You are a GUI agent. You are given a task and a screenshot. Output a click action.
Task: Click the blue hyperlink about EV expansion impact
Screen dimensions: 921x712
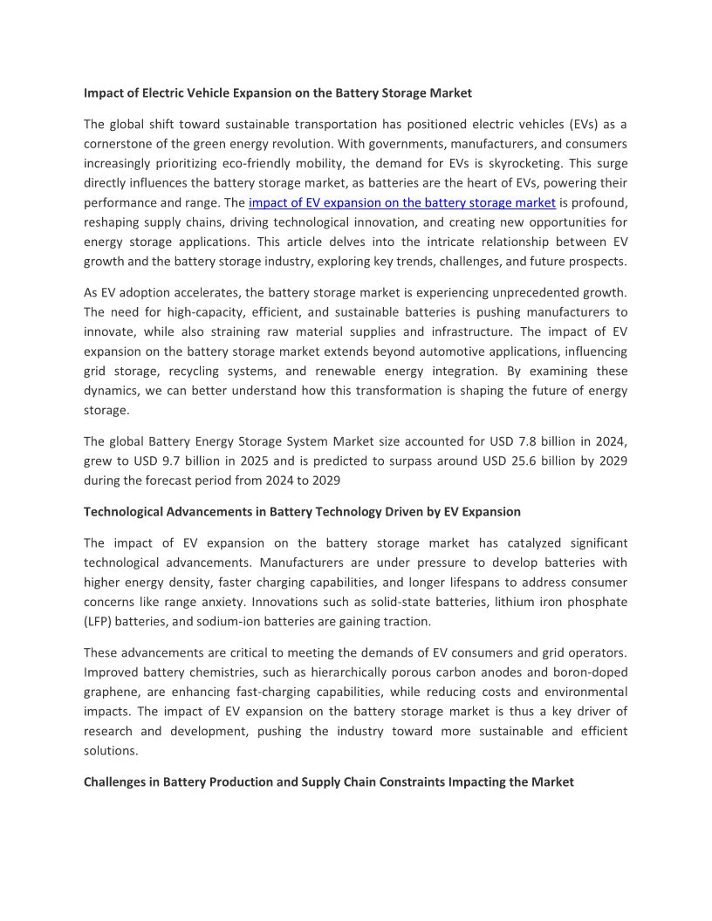402,202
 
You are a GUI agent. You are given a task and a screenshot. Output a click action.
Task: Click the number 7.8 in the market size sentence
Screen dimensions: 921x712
518,440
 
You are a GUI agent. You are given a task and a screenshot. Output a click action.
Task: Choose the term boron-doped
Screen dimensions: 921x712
590,672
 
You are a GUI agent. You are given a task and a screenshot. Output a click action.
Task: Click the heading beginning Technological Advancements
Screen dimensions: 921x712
302,511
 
